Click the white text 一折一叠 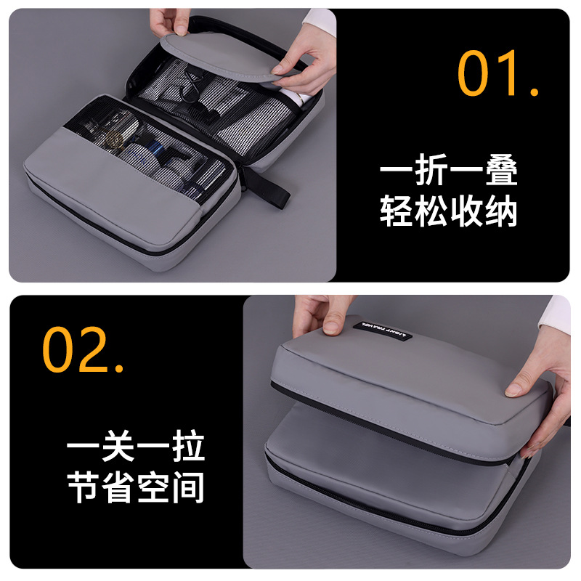coord(448,174)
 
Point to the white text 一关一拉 coord(136,449)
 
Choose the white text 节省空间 coord(136,487)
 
